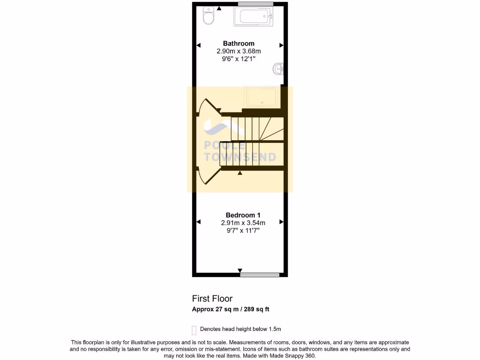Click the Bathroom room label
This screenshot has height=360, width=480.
coord(239,44)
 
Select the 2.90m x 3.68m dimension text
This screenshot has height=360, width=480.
coord(239,51)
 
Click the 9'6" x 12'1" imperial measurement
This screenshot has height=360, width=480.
coord(239,59)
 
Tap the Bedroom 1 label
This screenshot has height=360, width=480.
coord(240,215)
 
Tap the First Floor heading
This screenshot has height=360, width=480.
coord(212,299)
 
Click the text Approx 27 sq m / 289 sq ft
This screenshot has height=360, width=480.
coord(231,309)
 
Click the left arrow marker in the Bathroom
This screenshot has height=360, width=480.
coord(198,45)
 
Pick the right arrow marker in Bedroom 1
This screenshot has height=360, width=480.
coord(281,222)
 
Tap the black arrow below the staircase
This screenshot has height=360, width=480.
coord(240,173)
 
